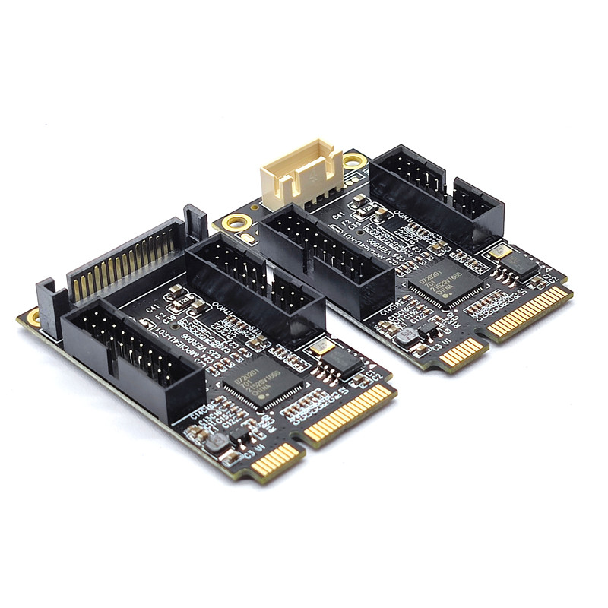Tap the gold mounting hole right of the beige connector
[x=354, y=161]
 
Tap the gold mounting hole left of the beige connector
[x=237, y=223]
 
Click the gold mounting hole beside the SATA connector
[x=34, y=317]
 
